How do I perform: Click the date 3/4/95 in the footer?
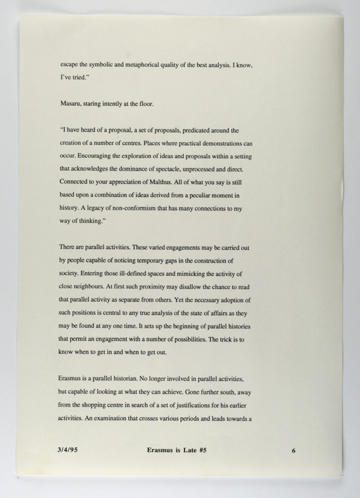[x=68, y=450]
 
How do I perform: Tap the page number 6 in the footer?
[x=294, y=451]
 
